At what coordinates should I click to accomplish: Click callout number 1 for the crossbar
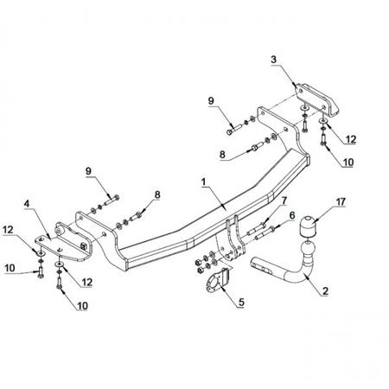[x=204, y=182]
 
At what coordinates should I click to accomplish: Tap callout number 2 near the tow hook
[x=325, y=290]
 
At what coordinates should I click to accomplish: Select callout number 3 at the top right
[x=273, y=60]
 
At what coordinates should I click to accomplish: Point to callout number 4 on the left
[x=27, y=204]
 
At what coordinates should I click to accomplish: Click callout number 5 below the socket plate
[x=241, y=302]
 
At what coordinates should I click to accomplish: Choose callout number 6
[x=292, y=215]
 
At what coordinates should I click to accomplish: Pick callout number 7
[x=284, y=201]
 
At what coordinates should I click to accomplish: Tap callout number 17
[x=341, y=201]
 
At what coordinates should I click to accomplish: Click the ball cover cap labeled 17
[x=308, y=226]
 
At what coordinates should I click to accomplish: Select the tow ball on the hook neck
[x=308, y=249]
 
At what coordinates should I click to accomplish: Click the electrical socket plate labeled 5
[x=218, y=280]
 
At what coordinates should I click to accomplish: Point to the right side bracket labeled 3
[x=317, y=99]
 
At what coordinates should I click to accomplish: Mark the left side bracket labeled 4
[x=64, y=243]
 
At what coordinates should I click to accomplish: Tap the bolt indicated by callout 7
[x=256, y=229]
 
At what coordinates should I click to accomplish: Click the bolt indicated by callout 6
[x=265, y=233]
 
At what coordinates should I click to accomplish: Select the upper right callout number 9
[x=211, y=101]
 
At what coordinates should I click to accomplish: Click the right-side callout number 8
[x=222, y=155]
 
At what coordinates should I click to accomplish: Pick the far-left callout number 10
[x=10, y=268]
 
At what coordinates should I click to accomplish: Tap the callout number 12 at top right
[x=351, y=139]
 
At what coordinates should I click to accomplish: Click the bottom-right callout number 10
[x=348, y=163]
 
